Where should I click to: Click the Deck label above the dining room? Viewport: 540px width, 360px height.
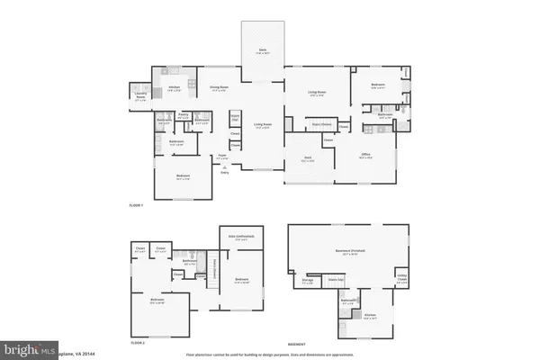point(264,52)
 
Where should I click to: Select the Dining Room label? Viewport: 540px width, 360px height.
point(219,89)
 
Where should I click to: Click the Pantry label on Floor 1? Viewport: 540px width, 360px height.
point(183,114)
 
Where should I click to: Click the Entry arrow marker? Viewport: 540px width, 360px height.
point(225,172)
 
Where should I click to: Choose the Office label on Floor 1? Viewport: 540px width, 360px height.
point(366,155)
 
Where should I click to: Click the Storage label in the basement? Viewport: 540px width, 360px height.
point(308,280)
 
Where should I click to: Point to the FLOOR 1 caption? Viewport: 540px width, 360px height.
point(136,206)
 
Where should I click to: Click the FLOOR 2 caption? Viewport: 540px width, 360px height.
point(136,343)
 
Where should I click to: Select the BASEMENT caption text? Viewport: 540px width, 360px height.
point(296,343)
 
